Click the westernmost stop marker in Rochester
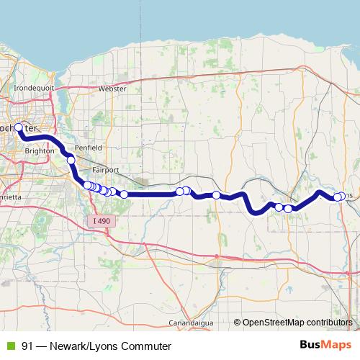(19, 127)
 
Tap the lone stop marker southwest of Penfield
(71, 160)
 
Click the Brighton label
(39, 151)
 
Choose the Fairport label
(104, 170)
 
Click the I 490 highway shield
(104, 220)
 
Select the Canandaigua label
(191, 321)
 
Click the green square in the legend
(11, 346)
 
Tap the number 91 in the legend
(28, 346)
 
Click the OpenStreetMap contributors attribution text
(297, 322)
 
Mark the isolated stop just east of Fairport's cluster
(124, 194)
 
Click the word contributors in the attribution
(329, 322)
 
